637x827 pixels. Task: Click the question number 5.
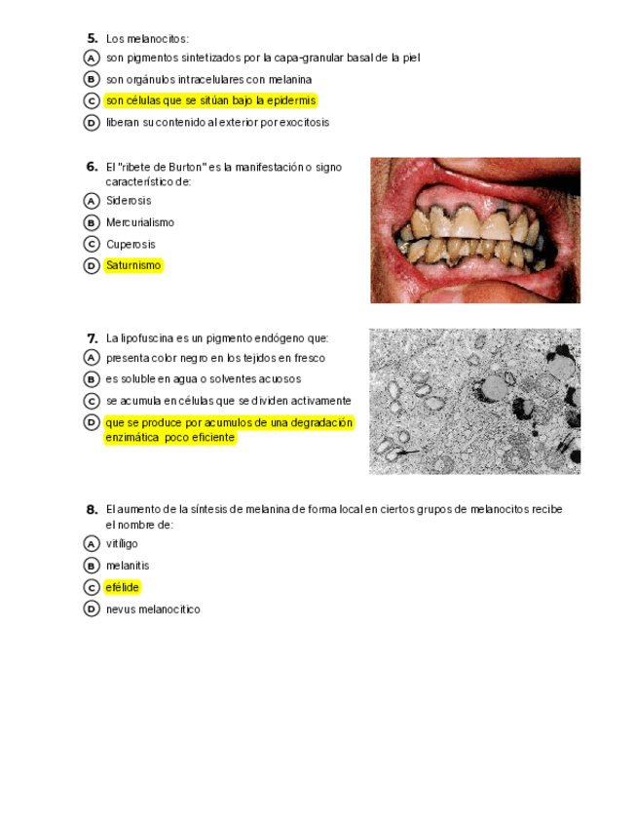92,38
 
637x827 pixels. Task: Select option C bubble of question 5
92,101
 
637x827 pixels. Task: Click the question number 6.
92,167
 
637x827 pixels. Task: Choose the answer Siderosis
128,201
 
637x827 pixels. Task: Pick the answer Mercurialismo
139,222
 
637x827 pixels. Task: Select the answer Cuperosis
131,244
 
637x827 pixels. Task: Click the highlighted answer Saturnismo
133,265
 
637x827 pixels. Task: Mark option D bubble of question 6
92,265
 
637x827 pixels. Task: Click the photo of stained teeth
474,230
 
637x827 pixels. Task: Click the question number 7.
92,338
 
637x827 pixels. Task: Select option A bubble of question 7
92,358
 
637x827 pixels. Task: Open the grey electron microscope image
474,401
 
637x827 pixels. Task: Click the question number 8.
92,509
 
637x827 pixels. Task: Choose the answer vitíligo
122,543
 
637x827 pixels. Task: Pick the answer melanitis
128,566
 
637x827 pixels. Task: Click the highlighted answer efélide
123,587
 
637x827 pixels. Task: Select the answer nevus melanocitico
153,610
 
